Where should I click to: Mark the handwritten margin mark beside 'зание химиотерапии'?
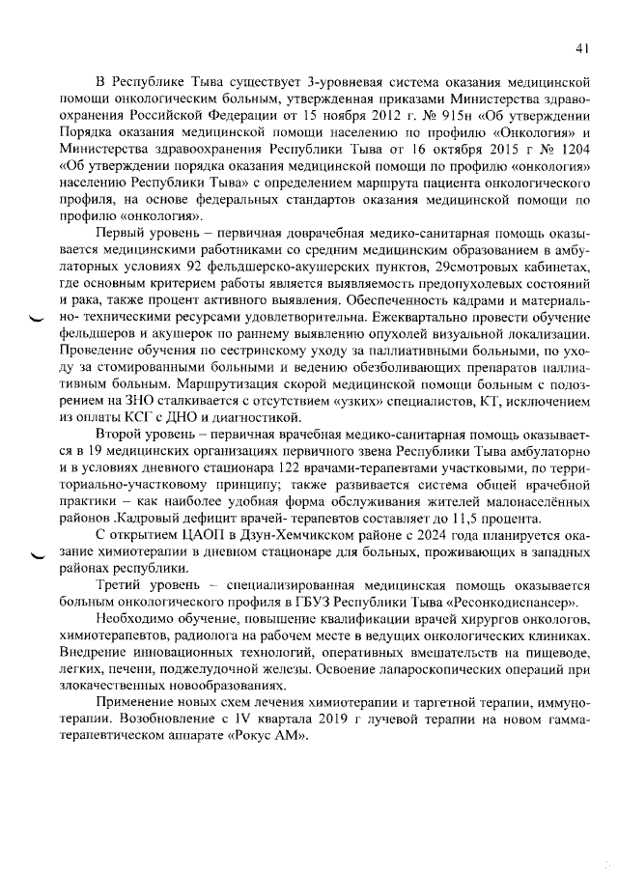click(x=38, y=555)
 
